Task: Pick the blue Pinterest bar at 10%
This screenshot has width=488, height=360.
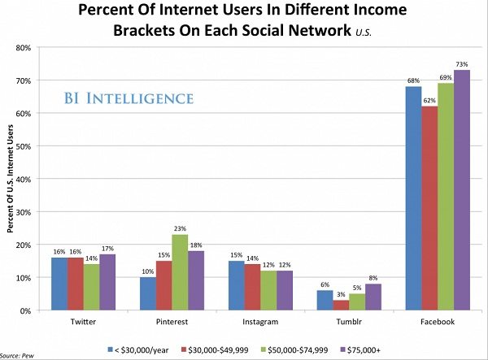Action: [x=148, y=293]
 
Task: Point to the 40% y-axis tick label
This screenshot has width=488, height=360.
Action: [x=24, y=179]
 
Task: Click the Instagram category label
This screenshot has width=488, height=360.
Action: [x=260, y=322]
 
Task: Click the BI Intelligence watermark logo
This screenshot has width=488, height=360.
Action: [x=129, y=99]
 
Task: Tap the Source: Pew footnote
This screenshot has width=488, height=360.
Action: [x=22, y=355]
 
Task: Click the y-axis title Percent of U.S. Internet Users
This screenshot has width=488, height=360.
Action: [x=10, y=179]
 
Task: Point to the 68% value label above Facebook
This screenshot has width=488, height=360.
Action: [x=413, y=80]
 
